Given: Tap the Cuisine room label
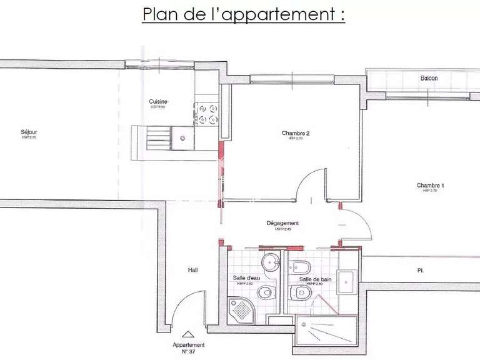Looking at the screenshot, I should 157,102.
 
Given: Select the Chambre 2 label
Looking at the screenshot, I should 296,133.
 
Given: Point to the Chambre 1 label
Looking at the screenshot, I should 431,185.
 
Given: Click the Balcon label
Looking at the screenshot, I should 429,78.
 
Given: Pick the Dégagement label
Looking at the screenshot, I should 282,223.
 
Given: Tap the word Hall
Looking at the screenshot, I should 192,271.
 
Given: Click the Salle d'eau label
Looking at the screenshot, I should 246,278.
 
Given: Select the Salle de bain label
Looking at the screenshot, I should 314,279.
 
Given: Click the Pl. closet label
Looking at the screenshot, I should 421,271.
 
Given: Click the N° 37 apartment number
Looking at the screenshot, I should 188,352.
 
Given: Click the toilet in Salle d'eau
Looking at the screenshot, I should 266,291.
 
